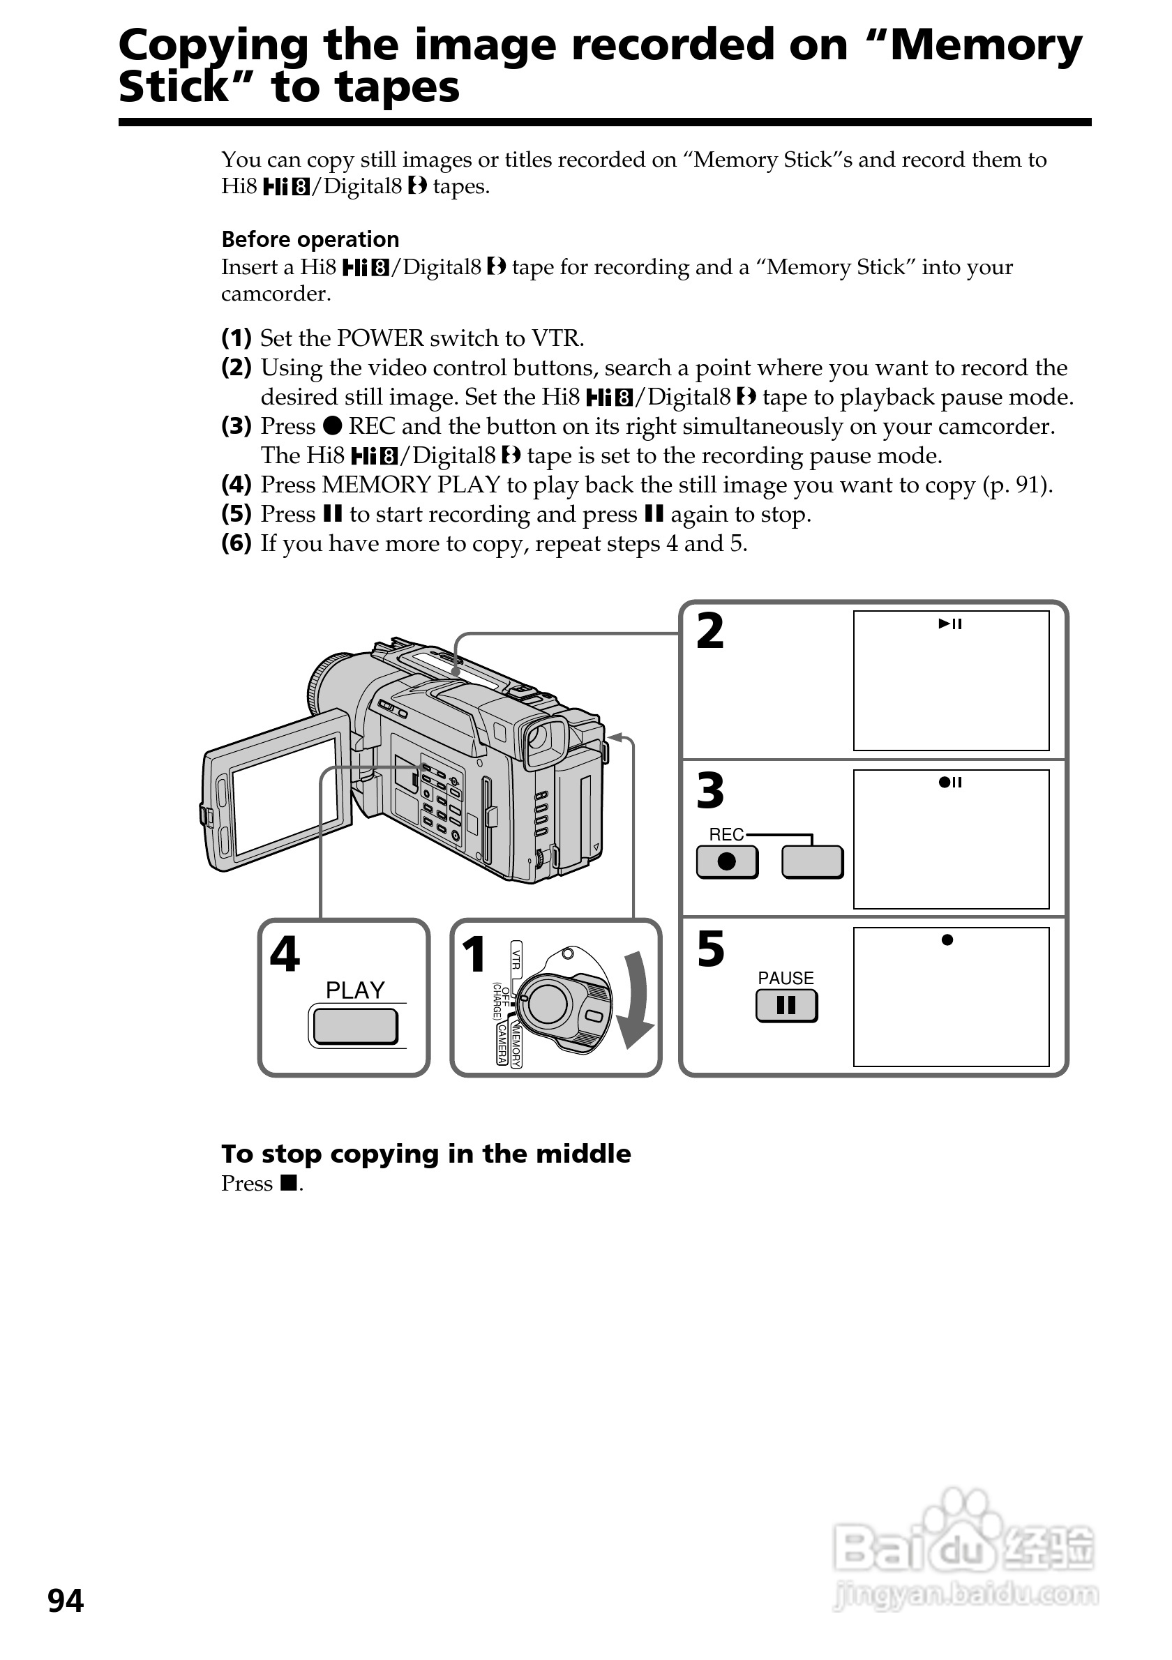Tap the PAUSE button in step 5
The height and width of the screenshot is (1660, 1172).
tap(786, 1005)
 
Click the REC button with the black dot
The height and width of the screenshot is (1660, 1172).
tap(727, 862)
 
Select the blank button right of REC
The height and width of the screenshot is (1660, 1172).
tap(812, 862)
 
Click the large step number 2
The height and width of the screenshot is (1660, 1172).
tap(710, 632)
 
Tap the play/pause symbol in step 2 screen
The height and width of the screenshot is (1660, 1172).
tap(950, 624)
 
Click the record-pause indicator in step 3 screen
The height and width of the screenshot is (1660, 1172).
tap(950, 783)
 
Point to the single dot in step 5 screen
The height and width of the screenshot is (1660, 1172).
tap(947, 940)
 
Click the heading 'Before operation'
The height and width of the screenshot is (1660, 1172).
tap(310, 239)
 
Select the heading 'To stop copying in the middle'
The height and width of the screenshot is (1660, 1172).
tap(426, 1154)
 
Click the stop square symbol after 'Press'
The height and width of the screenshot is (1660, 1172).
tap(290, 1184)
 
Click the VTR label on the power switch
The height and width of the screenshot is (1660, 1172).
tap(516, 959)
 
